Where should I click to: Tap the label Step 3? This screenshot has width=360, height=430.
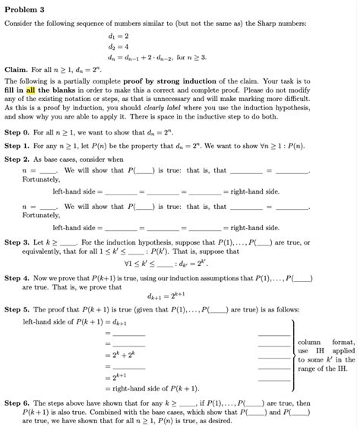(17, 242)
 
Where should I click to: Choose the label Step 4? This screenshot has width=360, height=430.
(17, 280)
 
